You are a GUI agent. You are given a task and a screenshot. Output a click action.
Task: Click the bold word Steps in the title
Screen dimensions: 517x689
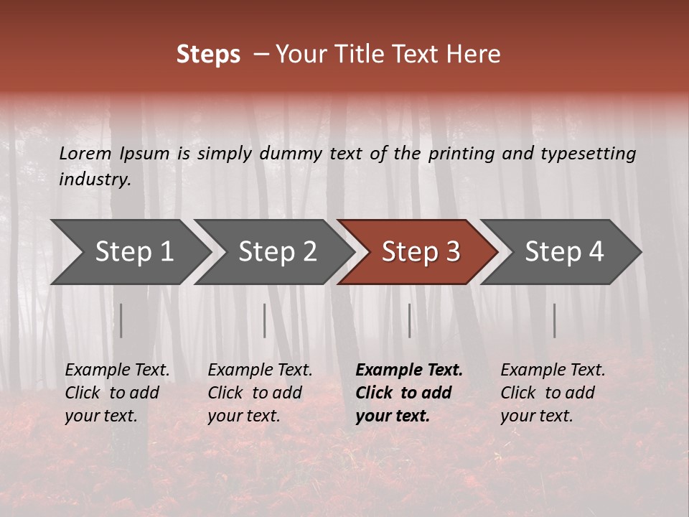208,55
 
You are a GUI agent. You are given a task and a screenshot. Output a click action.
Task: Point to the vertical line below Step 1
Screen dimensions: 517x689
121,320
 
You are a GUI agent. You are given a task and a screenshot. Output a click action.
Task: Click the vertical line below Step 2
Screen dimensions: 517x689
265,320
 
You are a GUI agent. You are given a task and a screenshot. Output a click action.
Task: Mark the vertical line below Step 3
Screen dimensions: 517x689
410,320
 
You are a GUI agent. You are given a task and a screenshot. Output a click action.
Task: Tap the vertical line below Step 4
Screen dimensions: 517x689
555,320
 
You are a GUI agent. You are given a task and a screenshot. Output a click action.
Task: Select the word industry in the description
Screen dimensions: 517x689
95,180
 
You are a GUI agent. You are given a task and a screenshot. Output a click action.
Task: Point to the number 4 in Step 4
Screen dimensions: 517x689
595,251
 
